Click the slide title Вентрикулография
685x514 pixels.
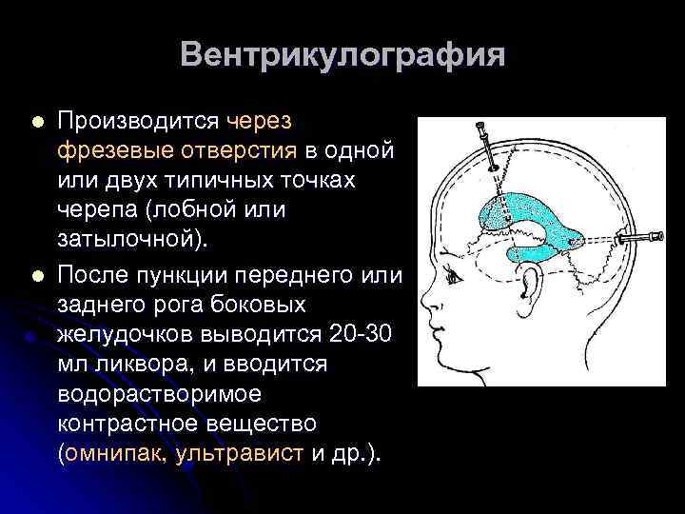click(x=342, y=54)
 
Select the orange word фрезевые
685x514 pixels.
click(x=112, y=151)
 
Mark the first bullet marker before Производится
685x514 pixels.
click(x=37, y=123)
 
